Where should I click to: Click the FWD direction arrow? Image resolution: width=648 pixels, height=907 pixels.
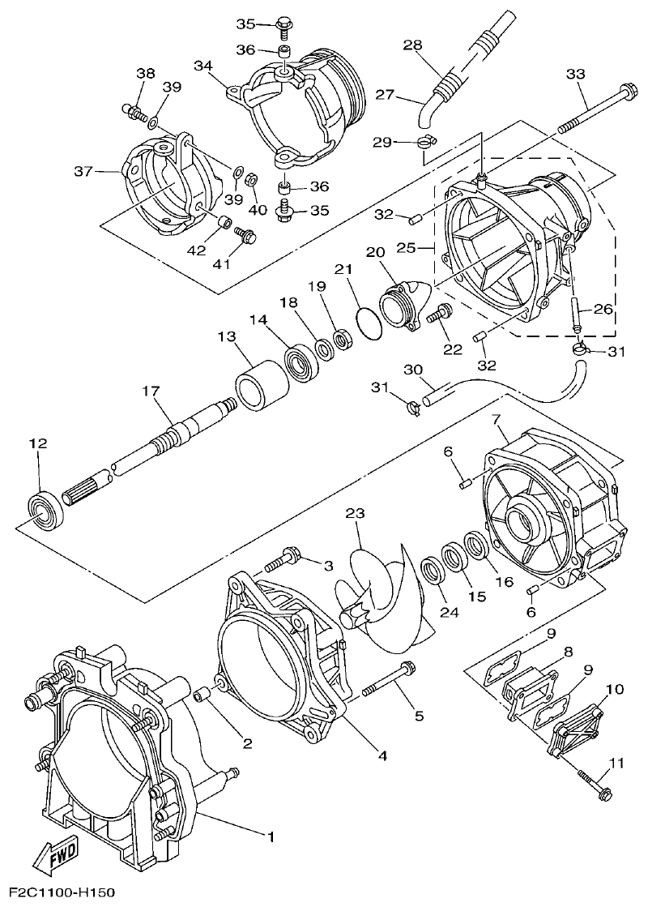pyautogui.click(x=57, y=857)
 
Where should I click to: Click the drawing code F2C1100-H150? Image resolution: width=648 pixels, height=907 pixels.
pyautogui.click(x=58, y=893)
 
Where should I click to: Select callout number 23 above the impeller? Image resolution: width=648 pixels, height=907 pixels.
pyautogui.click(x=356, y=513)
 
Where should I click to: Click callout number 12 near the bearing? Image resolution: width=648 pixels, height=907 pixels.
pyautogui.click(x=38, y=443)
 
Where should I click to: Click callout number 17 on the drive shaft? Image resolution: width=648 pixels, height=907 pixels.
pyautogui.click(x=150, y=391)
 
